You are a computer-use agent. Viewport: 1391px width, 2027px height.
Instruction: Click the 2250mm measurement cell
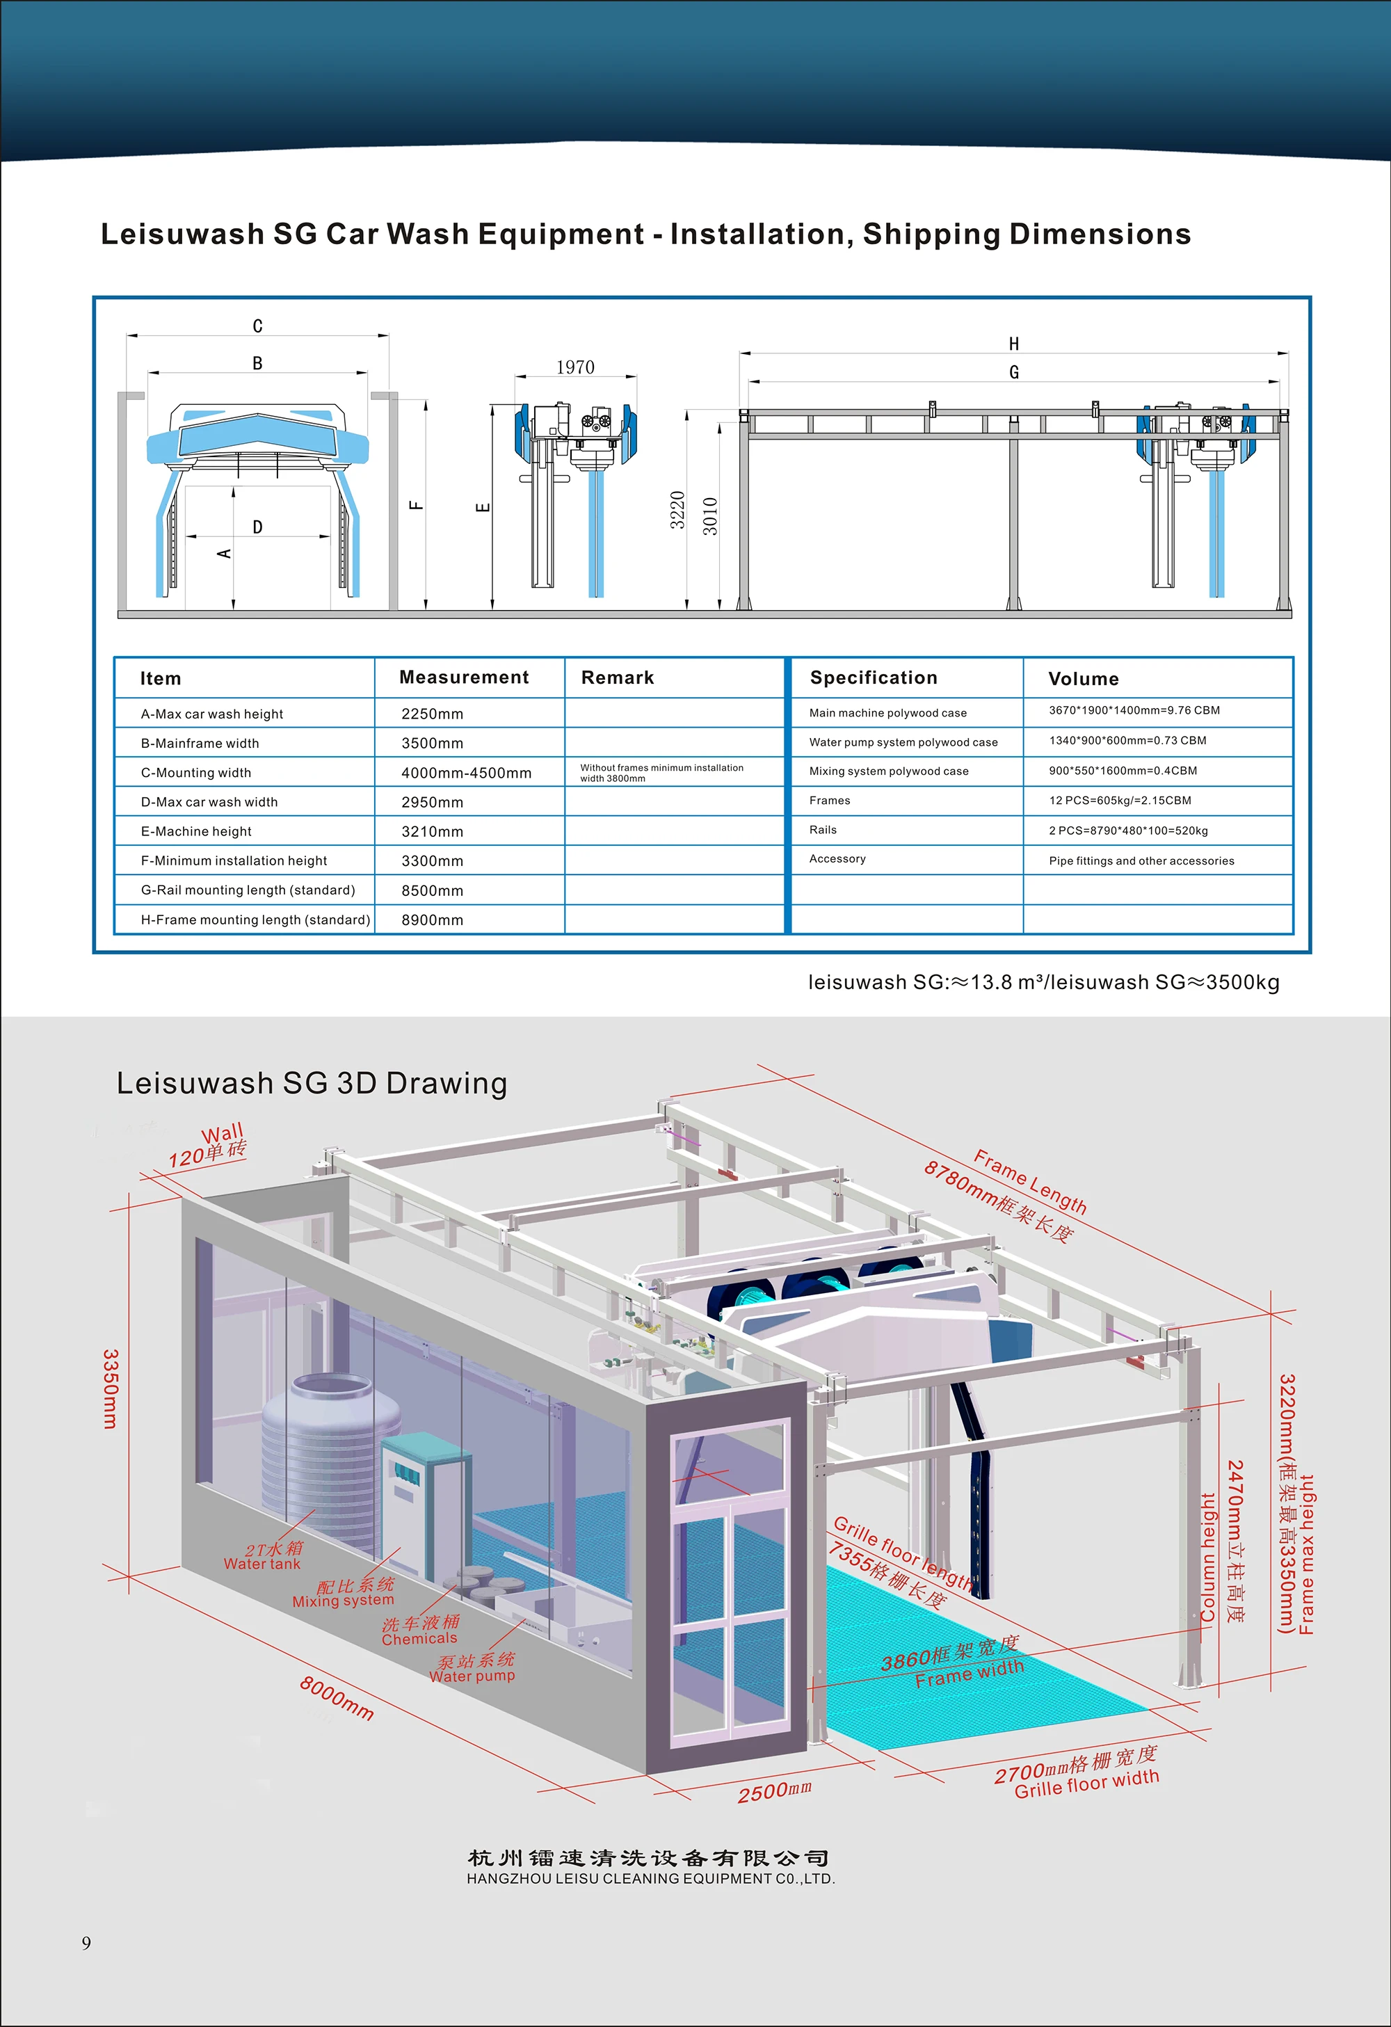tap(432, 714)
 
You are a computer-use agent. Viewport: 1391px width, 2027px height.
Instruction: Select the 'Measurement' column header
tap(464, 678)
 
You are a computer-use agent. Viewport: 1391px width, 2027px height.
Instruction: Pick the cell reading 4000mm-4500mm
tap(466, 773)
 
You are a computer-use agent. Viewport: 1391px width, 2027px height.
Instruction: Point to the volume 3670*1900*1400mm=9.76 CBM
tap(1134, 711)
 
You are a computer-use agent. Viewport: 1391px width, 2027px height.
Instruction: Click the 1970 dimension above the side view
tap(576, 367)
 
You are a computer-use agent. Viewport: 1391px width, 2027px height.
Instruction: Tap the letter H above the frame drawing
tap(1013, 344)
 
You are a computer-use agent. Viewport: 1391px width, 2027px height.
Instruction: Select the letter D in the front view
tap(257, 527)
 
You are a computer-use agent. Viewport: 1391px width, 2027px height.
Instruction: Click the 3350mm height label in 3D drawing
tap(111, 1388)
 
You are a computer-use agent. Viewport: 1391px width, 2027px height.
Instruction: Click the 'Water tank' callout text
tap(262, 1564)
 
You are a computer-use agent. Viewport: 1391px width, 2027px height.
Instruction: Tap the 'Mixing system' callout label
tap(343, 1601)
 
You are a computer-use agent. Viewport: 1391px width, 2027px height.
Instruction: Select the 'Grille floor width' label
tap(1086, 1784)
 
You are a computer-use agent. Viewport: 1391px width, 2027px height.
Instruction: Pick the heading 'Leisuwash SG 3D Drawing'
tap(312, 1083)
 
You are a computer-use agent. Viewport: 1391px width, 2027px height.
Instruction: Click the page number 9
tap(86, 1942)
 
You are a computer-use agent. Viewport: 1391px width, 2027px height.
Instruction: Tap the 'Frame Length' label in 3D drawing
tap(1030, 1182)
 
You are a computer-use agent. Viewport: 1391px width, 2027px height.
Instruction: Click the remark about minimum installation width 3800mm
tap(661, 773)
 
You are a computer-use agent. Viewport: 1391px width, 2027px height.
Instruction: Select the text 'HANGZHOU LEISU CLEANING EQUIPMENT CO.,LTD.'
tap(650, 1879)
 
